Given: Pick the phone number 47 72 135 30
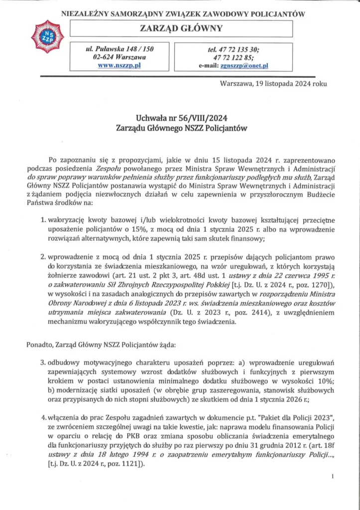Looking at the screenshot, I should point(244,48).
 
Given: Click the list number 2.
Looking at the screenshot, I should point(43,257).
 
